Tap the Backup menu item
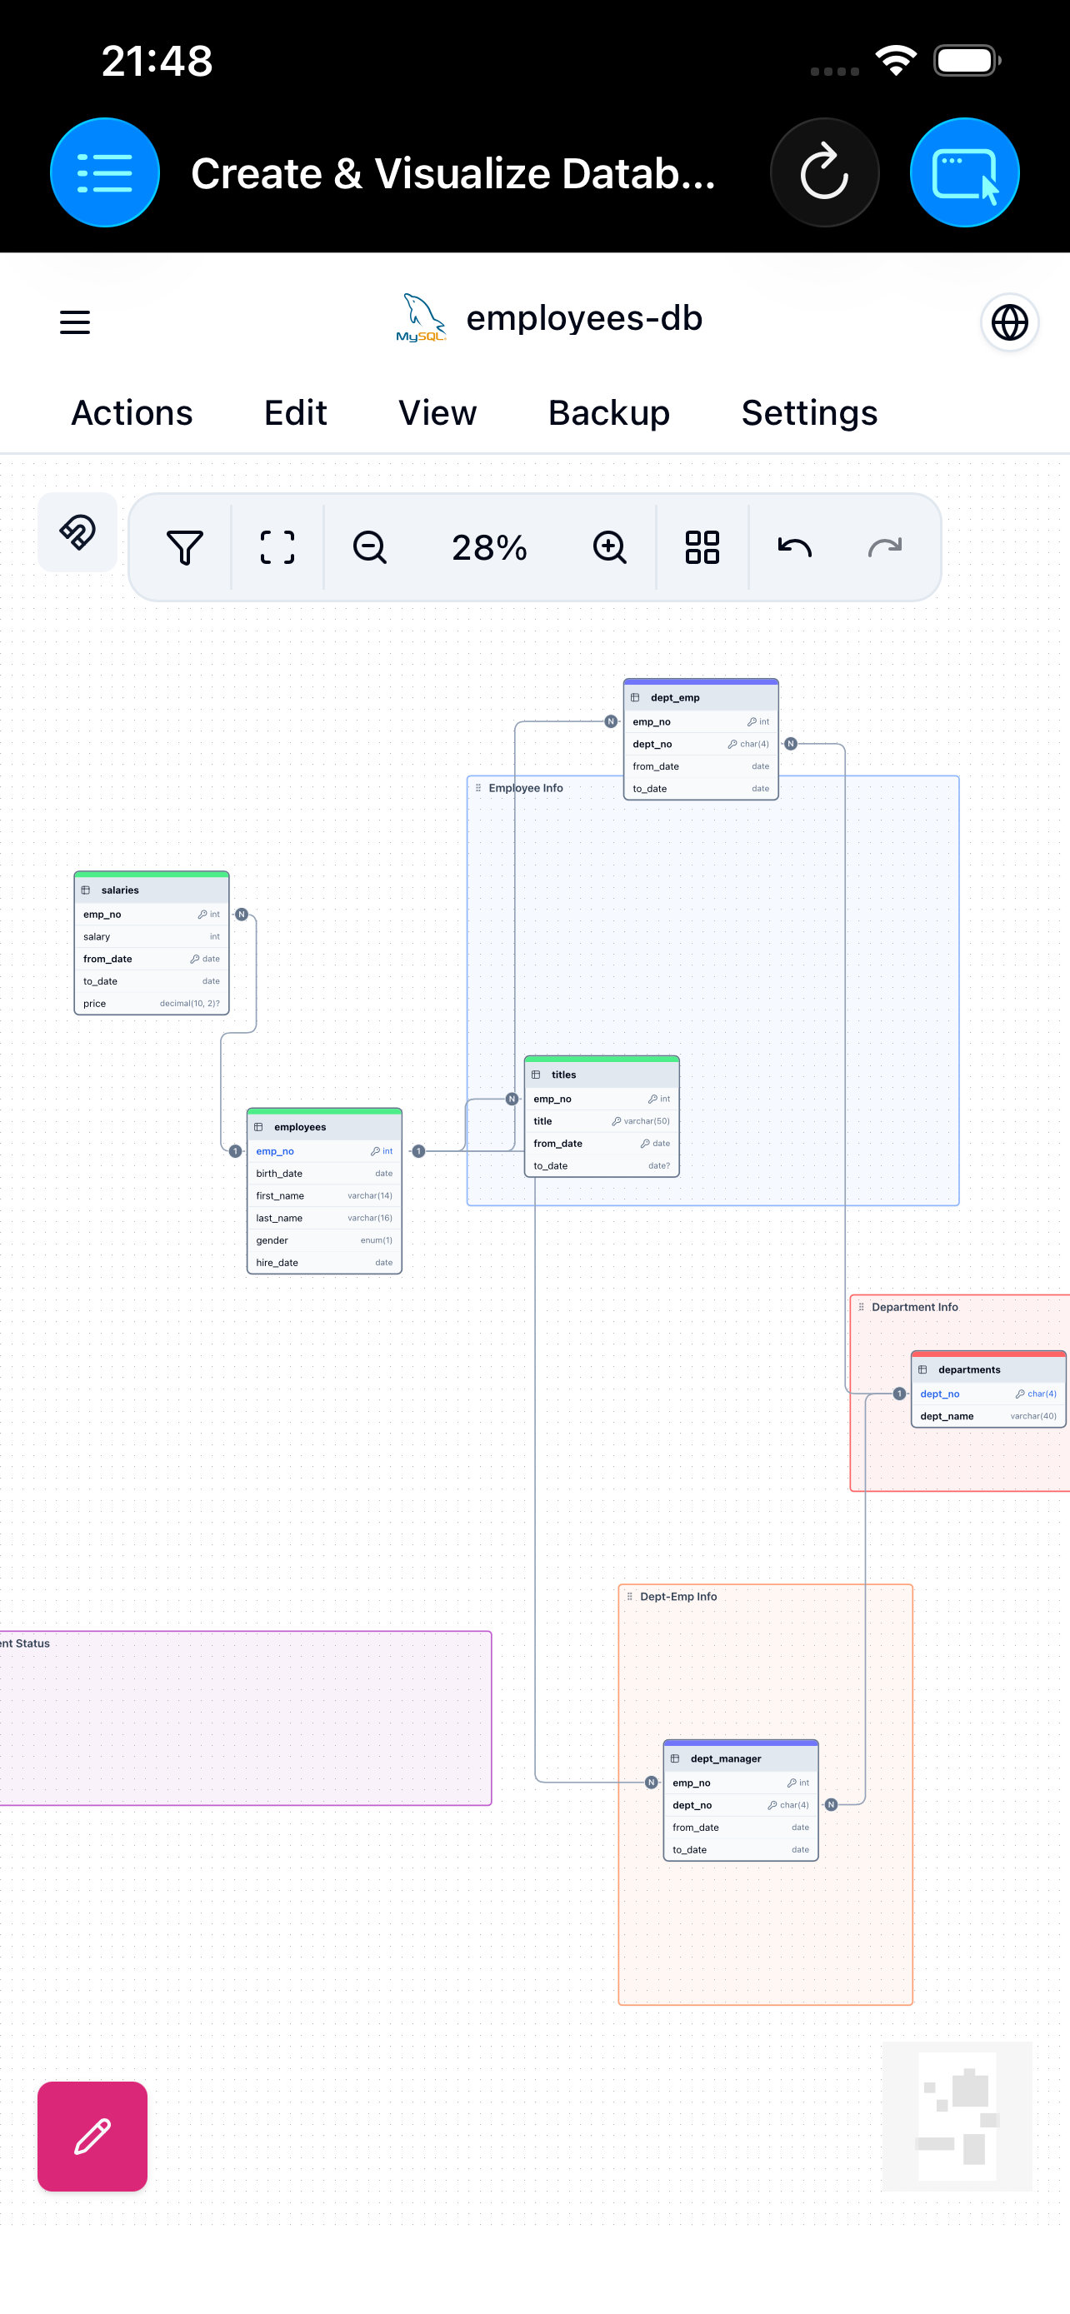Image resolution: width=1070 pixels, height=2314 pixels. [608, 413]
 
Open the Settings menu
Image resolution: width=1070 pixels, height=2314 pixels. [808, 413]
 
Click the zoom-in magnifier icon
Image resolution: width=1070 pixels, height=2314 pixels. [609, 547]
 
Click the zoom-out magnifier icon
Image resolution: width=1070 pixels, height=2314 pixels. [369, 547]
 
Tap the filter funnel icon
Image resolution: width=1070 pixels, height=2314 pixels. [185, 547]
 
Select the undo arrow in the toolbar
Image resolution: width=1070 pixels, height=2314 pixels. [794, 547]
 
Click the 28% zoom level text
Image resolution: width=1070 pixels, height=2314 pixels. [488, 547]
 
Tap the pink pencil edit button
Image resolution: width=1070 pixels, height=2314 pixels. [92, 2135]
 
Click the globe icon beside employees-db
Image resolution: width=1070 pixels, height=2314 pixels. [1009, 322]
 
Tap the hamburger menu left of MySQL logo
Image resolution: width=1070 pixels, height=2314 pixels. [74, 322]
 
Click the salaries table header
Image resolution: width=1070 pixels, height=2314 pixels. [151, 890]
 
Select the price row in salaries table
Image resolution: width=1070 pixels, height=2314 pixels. [151, 1004]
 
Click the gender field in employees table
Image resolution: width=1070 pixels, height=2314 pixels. [323, 1240]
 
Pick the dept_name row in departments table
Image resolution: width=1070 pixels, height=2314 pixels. [987, 1416]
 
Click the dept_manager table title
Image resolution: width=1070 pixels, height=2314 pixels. [726, 1758]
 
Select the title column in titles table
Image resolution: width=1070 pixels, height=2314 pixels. [601, 1121]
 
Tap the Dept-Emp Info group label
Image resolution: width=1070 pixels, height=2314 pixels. [677, 1596]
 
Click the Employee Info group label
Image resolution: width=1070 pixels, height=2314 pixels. [526, 788]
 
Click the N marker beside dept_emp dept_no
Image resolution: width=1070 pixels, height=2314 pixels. [791, 744]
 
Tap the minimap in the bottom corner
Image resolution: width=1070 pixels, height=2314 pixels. [956, 2117]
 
